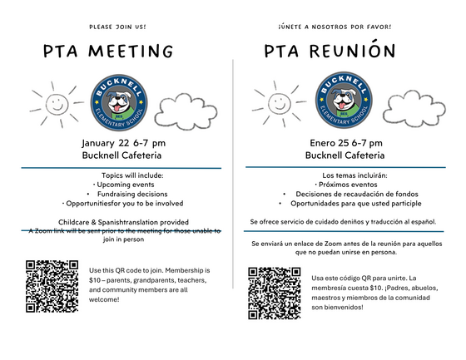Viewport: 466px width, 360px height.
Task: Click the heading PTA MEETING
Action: [108, 52]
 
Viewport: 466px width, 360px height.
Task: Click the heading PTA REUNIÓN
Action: [330, 52]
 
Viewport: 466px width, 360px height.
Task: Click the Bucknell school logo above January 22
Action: [117, 100]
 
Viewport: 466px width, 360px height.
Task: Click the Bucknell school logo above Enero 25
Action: [340, 100]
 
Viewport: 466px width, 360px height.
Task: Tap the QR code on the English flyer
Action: [53, 286]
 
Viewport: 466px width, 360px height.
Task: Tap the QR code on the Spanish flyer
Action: [274, 292]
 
